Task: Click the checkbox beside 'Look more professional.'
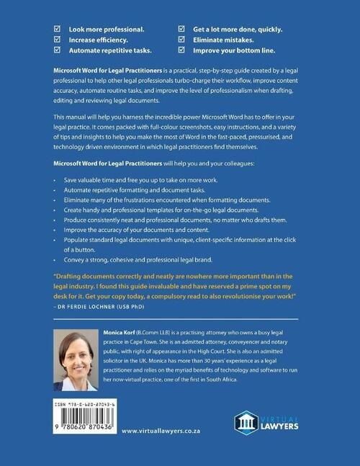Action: [x=58, y=30]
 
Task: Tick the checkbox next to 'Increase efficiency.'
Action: [x=58, y=41]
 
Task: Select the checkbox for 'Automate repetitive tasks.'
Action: [x=58, y=52]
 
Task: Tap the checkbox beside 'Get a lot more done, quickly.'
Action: [x=181, y=30]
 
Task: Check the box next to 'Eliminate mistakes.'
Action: [x=181, y=41]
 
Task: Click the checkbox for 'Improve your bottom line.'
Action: [x=181, y=52]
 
